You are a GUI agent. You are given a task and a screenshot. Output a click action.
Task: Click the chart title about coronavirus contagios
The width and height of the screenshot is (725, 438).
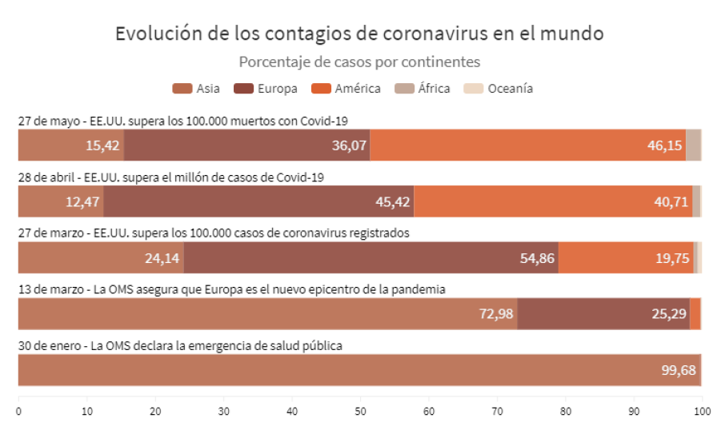coord(359,34)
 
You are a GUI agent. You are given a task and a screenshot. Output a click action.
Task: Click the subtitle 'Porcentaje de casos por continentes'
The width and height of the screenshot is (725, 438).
coord(359,62)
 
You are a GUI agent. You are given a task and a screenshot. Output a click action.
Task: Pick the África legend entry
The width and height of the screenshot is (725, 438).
coord(423,89)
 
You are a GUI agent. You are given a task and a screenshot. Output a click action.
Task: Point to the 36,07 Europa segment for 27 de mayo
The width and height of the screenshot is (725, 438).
coord(246,145)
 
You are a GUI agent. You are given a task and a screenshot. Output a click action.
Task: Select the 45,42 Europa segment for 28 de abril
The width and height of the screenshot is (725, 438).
coord(258,201)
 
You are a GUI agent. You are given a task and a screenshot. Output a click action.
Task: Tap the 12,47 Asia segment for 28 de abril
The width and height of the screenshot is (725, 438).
coord(61,201)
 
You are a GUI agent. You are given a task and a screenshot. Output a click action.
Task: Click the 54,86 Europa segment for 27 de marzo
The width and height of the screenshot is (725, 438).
coord(371,258)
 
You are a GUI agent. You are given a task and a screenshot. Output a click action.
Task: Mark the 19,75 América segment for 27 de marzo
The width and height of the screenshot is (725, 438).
coord(626,258)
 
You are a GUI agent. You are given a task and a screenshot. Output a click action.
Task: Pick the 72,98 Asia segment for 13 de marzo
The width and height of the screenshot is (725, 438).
coord(267,314)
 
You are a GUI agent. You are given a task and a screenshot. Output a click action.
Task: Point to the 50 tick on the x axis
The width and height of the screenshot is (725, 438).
coord(360,411)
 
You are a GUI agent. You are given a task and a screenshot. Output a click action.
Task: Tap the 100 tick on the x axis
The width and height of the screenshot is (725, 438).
coord(702,411)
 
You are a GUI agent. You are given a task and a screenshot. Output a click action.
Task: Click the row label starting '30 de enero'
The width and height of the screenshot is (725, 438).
coord(181,346)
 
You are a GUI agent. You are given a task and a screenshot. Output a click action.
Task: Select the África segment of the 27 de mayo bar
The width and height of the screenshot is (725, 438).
coord(693,145)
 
